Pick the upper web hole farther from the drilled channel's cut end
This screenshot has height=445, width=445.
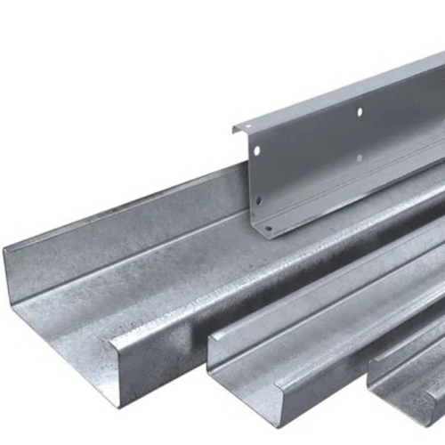coord(359,112)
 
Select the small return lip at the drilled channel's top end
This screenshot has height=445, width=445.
coord(236,131)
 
